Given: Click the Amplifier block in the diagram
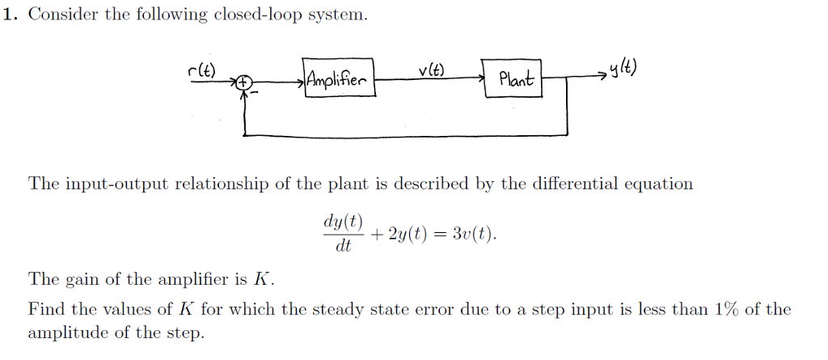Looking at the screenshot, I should (x=338, y=78).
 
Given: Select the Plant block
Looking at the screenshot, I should (x=513, y=79).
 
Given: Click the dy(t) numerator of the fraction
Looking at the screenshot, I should (x=343, y=222).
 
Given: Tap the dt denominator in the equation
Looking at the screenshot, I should (x=343, y=246).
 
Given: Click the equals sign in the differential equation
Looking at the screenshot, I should (x=446, y=234).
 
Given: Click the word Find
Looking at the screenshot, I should (x=45, y=309).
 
